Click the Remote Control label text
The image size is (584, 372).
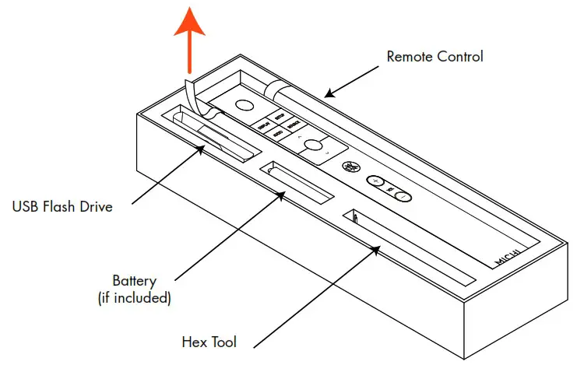point(434,57)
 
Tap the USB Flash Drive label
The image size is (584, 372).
point(62,207)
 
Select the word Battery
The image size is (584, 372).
point(134,281)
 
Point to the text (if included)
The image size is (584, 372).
point(134,297)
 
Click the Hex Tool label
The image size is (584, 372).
point(209,342)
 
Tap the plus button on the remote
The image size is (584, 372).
point(375,181)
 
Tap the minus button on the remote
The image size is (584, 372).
point(402,196)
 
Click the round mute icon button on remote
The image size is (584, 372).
point(351,167)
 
